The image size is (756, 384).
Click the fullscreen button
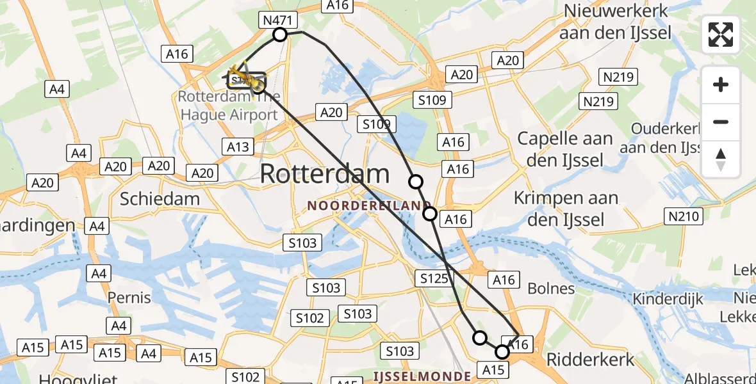tap(721, 35)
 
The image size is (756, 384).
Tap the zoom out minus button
tap(721, 122)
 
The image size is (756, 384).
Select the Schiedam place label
tap(160, 199)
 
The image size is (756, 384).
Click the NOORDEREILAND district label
tap(368, 206)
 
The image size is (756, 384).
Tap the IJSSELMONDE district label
tap(423, 376)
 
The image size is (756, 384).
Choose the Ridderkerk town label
tap(590, 359)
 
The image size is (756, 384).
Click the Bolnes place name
tap(550, 289)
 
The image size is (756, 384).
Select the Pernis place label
tap(129, 298)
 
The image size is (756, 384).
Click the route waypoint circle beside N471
tap(280, 34)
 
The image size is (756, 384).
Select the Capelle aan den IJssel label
tap(564, 148)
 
